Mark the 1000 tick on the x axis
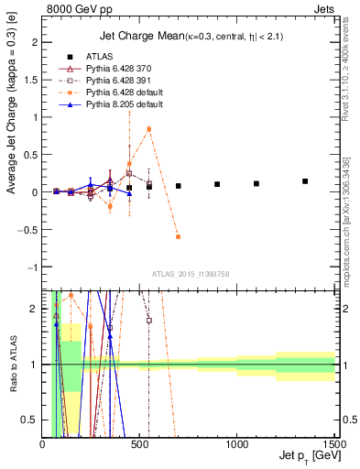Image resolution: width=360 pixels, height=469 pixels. click(x=237, y=444)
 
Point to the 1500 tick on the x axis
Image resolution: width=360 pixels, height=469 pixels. click(x=335, y=444)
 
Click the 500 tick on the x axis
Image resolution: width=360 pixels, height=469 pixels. click(x=140, y=444)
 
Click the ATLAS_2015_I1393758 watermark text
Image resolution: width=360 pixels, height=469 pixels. click(x=189, y=274)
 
